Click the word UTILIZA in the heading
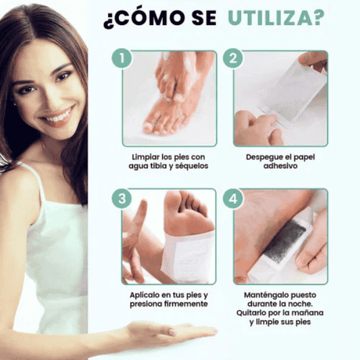tap(270, 18)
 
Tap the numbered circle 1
tap(122, 58)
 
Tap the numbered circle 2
tap(233, 58)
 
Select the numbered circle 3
tap(122, 199)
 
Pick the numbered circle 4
tap(233, 199)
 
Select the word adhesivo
tap(280, 165)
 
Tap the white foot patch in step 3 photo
tap(188, 257)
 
